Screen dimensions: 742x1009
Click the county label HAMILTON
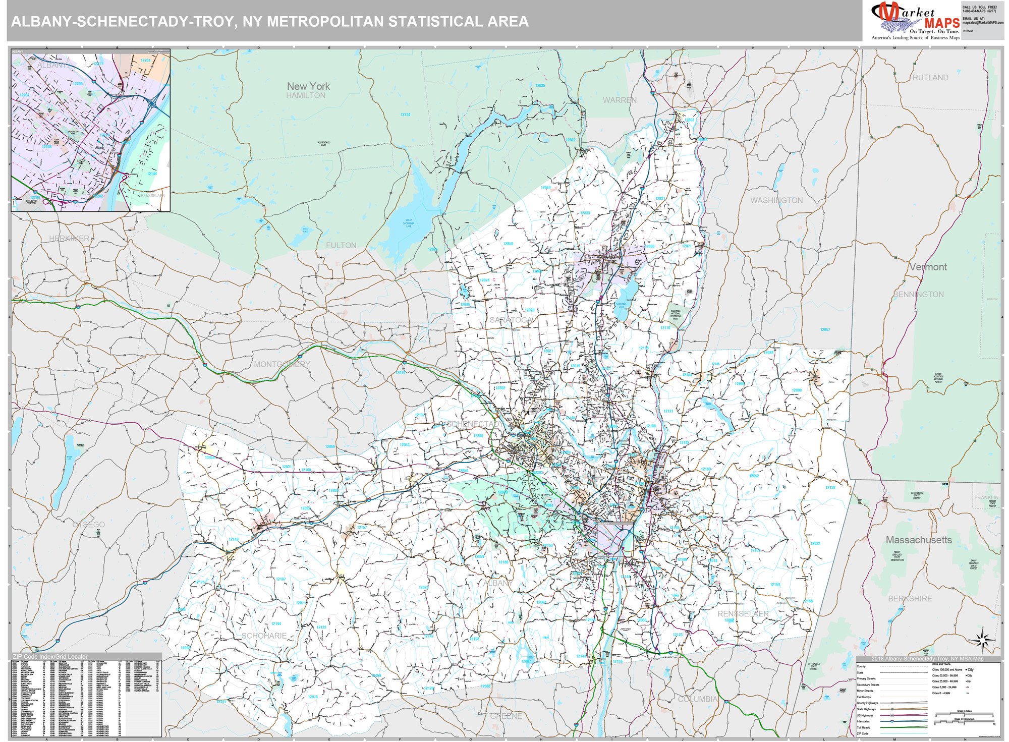pyautogui.click(x=306, y=95)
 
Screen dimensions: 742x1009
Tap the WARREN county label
pyautogui.click(x=620, y=100)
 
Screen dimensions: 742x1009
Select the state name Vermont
pyautogui.click(x=928, y=267)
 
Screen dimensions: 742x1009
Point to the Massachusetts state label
pyautogui.click(x=919, y=540)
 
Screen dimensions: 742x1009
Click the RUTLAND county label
pyautogui.click(x=930, y=78)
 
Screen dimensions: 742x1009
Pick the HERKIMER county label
pyautogui.click(x=69, y=238)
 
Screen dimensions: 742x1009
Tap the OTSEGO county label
pyautogui.click(x=89, y=525)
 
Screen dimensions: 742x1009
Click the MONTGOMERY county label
pyautogui.click(x=282, y=364)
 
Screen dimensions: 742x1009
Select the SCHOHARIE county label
pyautogui.click(x=264, y=636)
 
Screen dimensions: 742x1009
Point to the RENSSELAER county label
pyautogui.click(x=743, y=613)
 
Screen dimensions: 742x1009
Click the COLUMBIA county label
pyautogui.click(x=698, y=699)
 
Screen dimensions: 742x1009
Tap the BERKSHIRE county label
pyautogui.click(x=910, y=599)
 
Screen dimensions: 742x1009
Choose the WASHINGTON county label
pyautogui.click(x=776, y=201)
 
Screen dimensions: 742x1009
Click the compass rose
pyautogui.click(x=982, y=640)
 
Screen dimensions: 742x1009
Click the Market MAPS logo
pyautogui.click(x=915, y=20)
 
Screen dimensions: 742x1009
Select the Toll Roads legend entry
pyautogui.click(x=863, y=727)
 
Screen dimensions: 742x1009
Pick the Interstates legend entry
pyautogui.click(x=863, y=721)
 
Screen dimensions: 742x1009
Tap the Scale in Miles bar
pyautogui.click(x=964, y=714)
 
